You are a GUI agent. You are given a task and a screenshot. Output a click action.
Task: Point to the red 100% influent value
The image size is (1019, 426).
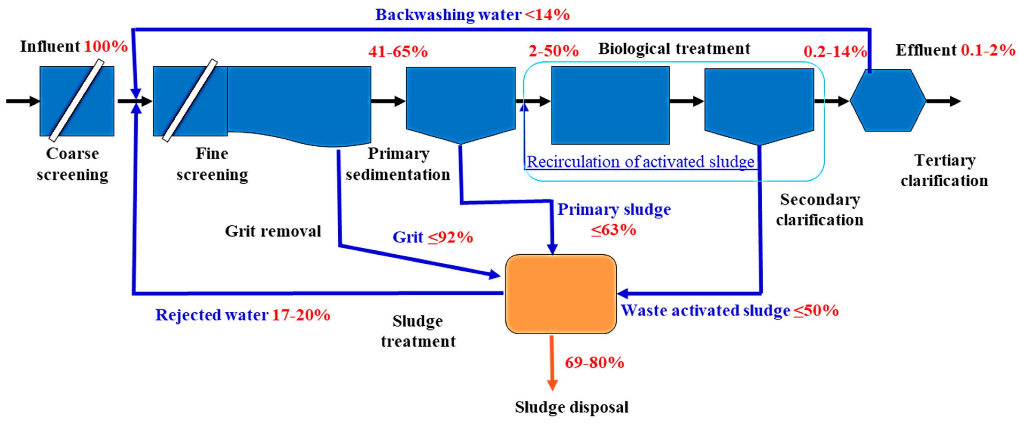106,47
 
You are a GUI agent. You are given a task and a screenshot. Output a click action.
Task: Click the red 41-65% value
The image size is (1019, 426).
398,52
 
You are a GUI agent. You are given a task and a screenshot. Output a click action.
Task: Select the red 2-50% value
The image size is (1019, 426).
553,51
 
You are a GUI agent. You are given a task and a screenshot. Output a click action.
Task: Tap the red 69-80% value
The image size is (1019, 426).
594,362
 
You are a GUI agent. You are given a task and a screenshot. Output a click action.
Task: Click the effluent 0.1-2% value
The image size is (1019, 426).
988,50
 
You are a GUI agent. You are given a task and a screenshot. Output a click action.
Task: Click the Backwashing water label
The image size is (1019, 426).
448,15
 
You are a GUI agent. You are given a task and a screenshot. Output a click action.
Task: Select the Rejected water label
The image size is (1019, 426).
212,315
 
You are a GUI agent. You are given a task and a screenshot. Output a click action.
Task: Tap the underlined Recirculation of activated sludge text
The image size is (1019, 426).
640,162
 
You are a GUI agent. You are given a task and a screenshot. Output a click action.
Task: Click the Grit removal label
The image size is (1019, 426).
273,231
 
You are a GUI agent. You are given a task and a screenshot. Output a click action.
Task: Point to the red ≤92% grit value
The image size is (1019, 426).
450,237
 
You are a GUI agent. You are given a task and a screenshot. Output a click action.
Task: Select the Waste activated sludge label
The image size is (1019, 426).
705,311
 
